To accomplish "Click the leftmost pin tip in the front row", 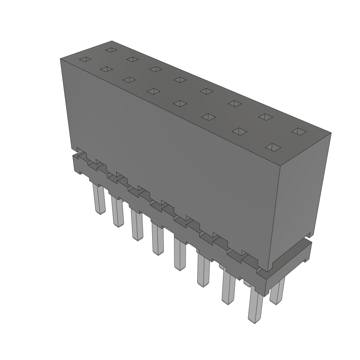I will [100, 211].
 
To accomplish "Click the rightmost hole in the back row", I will [299, 131].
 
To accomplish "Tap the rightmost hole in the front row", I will [273, 147].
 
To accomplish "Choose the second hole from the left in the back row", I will [132, 59].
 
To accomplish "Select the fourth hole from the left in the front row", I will [153, 91].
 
